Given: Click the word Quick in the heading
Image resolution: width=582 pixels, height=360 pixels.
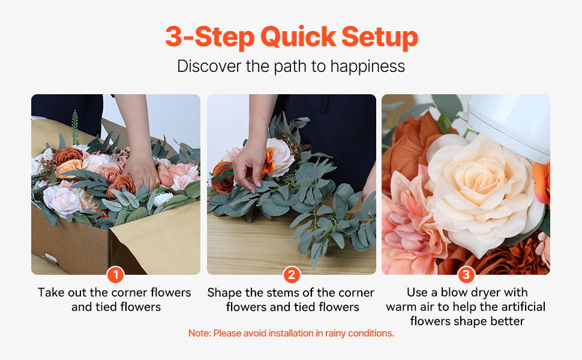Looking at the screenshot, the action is [298, 37].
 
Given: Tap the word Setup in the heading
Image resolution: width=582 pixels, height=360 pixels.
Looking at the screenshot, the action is [379, 37].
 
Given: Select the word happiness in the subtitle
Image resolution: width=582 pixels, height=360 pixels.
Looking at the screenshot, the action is [367, 67].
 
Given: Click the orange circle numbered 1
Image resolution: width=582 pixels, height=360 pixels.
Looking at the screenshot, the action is [115, 275].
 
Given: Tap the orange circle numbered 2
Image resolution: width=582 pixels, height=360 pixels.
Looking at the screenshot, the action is [292, 275].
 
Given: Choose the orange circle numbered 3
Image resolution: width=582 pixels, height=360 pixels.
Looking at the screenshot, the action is [466, 275].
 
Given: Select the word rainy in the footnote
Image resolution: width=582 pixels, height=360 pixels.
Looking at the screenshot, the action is [335, 334].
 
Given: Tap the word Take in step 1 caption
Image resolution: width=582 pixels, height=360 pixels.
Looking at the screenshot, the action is [51, 292].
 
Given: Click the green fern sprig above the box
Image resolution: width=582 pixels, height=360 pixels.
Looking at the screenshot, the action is [76, 127].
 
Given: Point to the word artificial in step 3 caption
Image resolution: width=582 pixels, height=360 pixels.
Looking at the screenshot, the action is [523, 307].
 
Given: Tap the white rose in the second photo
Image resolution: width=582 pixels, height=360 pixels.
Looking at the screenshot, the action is [281, 157].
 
